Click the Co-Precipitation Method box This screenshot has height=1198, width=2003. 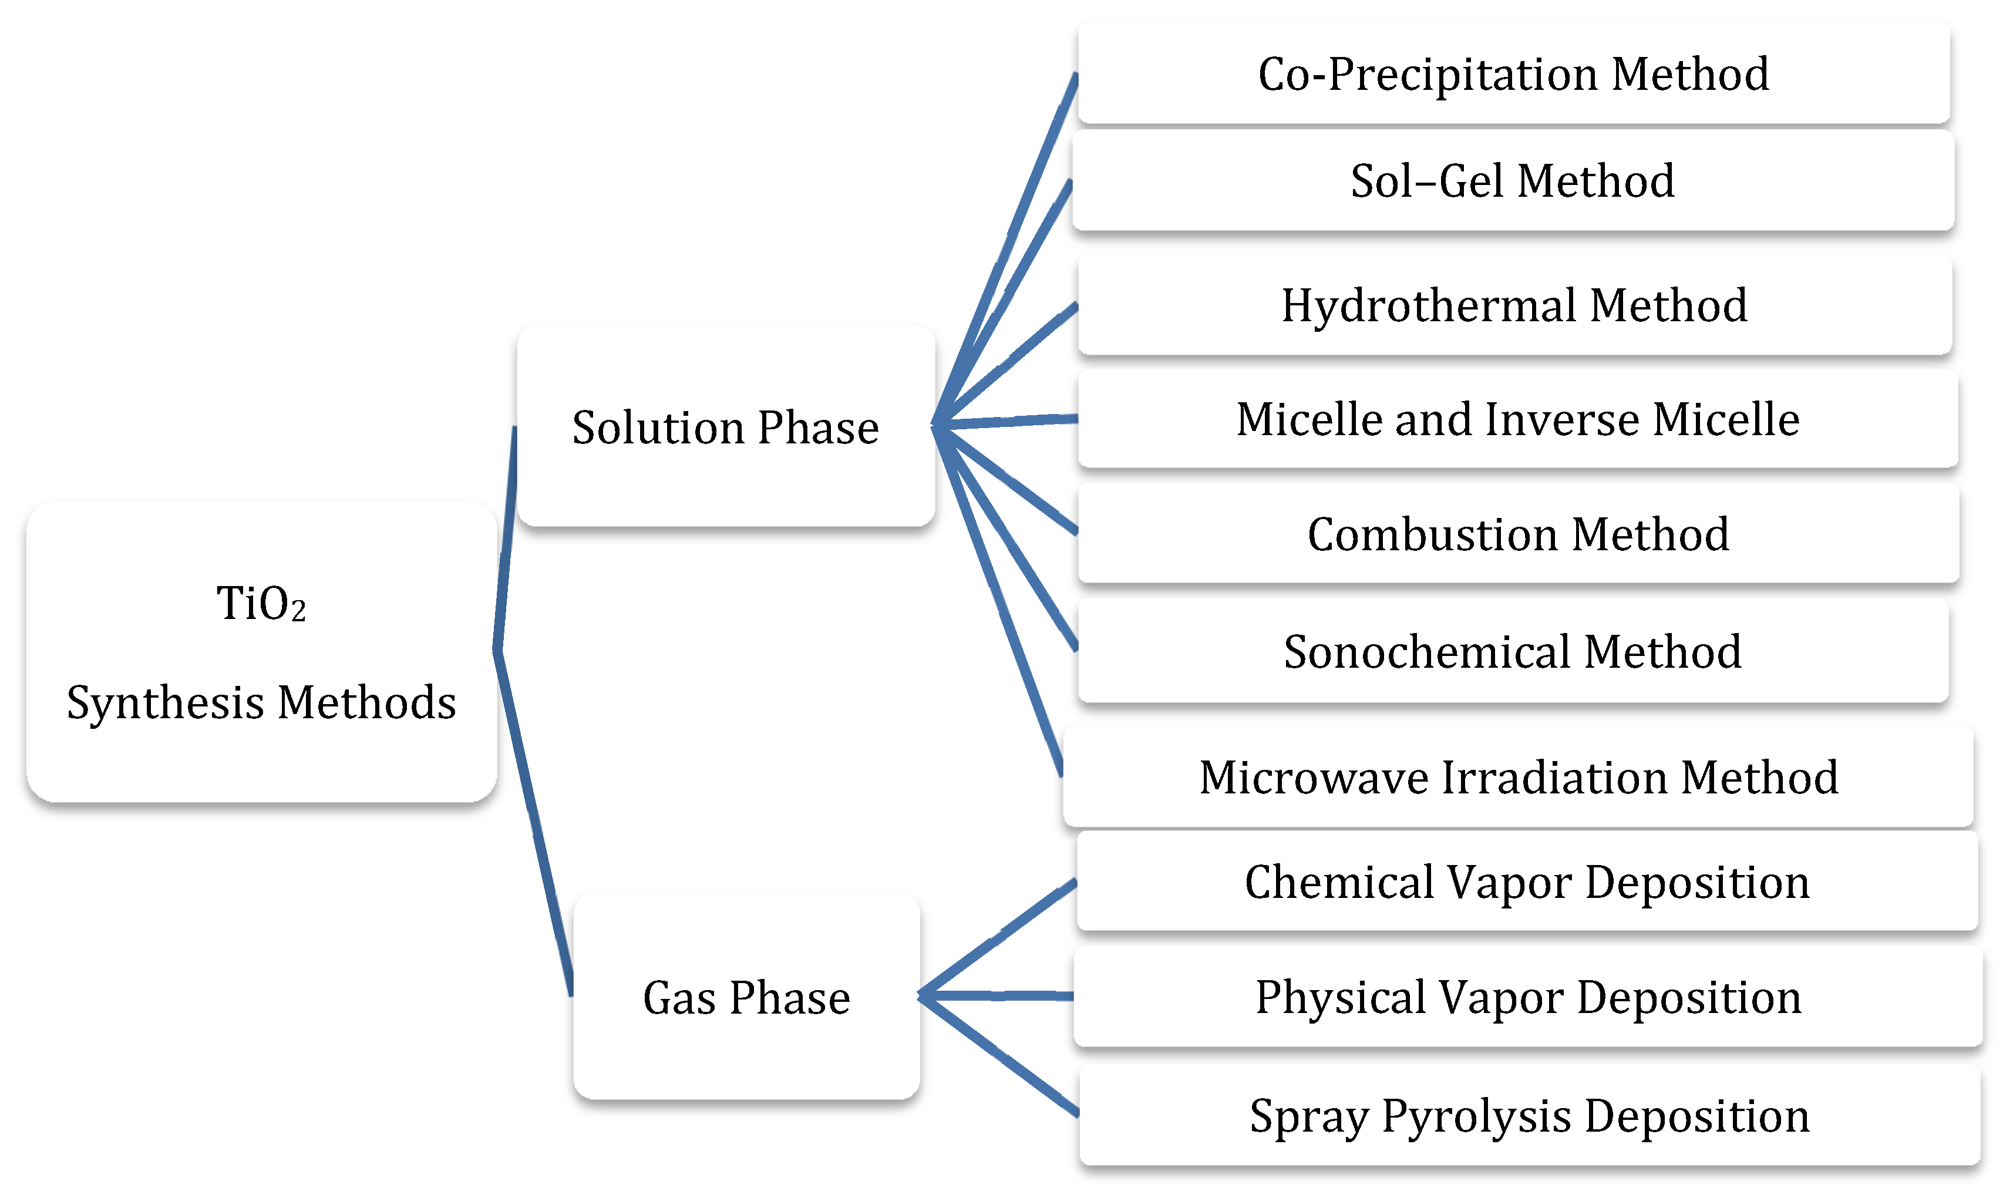pos(1513,74)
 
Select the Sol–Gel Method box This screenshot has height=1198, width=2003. pos(1513,181)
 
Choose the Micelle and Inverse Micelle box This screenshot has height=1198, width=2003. pos(1517,419)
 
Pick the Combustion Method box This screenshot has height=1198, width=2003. pos(1517,534)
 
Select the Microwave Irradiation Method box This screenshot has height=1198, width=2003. pos(1517,778)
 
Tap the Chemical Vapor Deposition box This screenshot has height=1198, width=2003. pos(1526,881)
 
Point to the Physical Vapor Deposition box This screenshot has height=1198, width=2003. pos(1528,997)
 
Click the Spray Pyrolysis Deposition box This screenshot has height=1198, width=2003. pos(1529,1116)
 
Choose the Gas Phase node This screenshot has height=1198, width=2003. pos(746,998)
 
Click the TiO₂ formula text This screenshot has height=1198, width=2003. pos(261,603)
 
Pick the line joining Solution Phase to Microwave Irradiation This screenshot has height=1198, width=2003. pos(1001,601)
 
